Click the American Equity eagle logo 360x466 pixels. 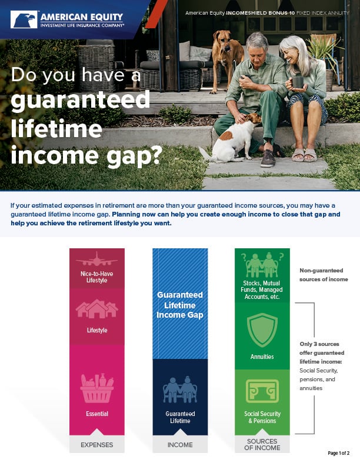[24, 19]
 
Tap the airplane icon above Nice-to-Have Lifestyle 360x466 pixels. [96, 259]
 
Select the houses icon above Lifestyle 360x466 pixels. [97, 309]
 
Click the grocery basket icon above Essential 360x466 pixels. [97, 388]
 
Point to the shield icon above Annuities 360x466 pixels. [262, 330]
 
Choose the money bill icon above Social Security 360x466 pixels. [262, 391]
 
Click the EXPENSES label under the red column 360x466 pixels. [97, 445]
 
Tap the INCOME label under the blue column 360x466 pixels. [180, 445]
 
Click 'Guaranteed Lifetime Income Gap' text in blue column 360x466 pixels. [179, 305]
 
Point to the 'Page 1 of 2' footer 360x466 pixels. [338, 453]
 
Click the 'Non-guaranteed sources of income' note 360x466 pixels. [324, 275]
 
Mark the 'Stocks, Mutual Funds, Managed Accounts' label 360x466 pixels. [263, 290]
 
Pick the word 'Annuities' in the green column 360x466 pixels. [262, 357]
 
